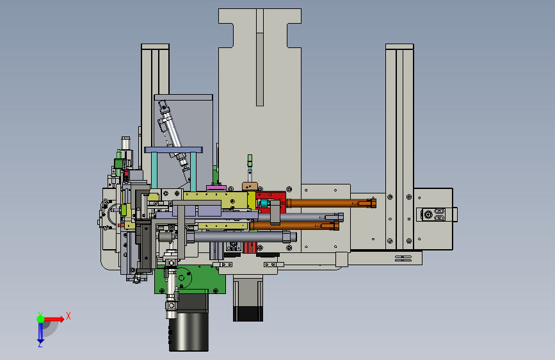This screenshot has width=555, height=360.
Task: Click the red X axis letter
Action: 68,316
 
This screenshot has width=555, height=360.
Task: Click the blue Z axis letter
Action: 40,344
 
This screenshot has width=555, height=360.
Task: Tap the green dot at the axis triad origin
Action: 41,319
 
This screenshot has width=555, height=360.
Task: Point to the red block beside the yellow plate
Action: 271,201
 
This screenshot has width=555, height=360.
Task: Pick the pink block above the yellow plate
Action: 216,188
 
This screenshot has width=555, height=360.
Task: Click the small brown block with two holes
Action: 250,186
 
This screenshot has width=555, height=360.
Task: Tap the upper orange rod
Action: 331,203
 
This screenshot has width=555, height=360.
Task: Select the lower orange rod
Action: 294,225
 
